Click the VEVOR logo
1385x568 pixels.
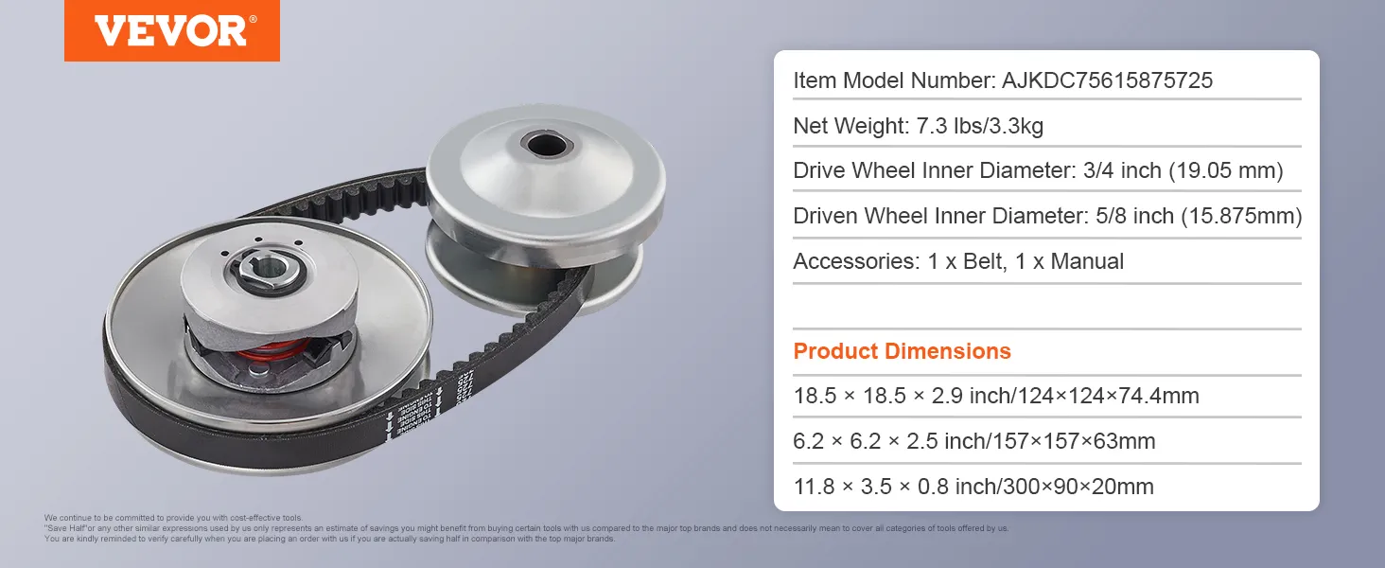pos(171,30)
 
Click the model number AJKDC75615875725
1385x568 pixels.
pos(1107,81)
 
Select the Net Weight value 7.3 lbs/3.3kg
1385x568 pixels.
pos(980,126)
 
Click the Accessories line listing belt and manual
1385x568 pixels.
pos(957,261)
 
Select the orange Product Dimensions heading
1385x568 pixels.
pos(902,351)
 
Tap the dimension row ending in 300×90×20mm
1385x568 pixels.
pos(973,487)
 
